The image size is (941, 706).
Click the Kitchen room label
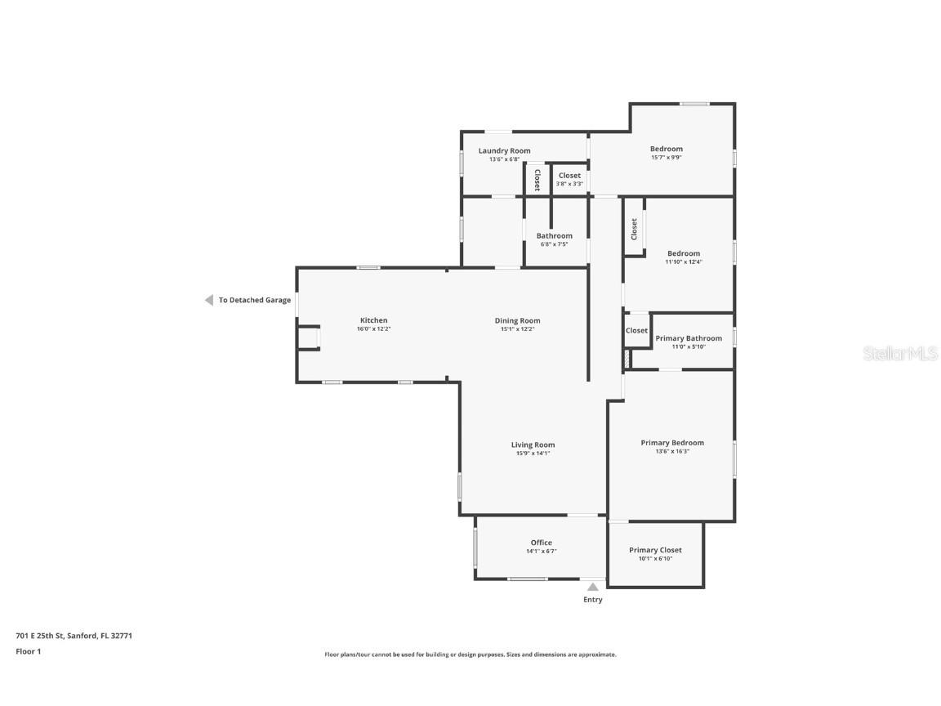point(373,320)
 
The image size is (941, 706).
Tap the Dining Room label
point(517,320)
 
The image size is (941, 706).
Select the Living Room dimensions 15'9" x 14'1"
point(533,454)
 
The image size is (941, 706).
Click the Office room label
point(542,543)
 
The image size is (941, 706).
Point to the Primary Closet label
point(655,550)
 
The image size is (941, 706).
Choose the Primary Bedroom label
point(672,443)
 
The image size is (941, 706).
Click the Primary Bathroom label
point(689,338)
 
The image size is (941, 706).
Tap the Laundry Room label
point(504,151)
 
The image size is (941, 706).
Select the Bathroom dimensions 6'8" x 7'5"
point(554,244)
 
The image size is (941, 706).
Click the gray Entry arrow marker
point(593,587)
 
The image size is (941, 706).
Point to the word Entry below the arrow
point(593,600)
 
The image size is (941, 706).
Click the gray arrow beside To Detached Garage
point(209,300)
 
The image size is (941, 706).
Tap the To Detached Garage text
point(255,300)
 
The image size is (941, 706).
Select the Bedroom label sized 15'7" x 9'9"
point(667,149)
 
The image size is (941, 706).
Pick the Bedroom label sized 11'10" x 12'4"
point(684,253)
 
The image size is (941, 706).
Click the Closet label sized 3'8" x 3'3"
point(569,176)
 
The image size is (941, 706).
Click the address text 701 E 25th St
point(39,636)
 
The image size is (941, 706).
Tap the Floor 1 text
point(29,651)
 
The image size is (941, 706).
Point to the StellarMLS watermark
point(900,354)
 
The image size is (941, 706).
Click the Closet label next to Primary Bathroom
point(637,331)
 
